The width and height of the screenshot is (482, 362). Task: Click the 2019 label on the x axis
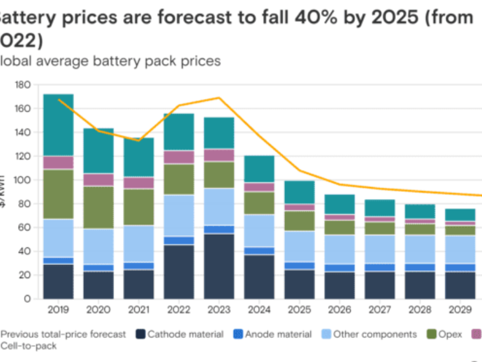click(58, 309)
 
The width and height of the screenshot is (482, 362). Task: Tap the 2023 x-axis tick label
click(219, 309)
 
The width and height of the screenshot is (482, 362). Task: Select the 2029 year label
click(460, 309)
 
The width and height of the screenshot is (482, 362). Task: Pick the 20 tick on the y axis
click(24, 275)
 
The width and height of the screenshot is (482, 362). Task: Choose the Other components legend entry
click(375, 334)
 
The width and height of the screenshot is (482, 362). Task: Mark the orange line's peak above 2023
click(219, 98)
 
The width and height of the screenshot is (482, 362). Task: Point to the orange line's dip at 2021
click(139, 140)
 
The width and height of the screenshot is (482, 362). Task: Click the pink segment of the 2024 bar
click(259, 187)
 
